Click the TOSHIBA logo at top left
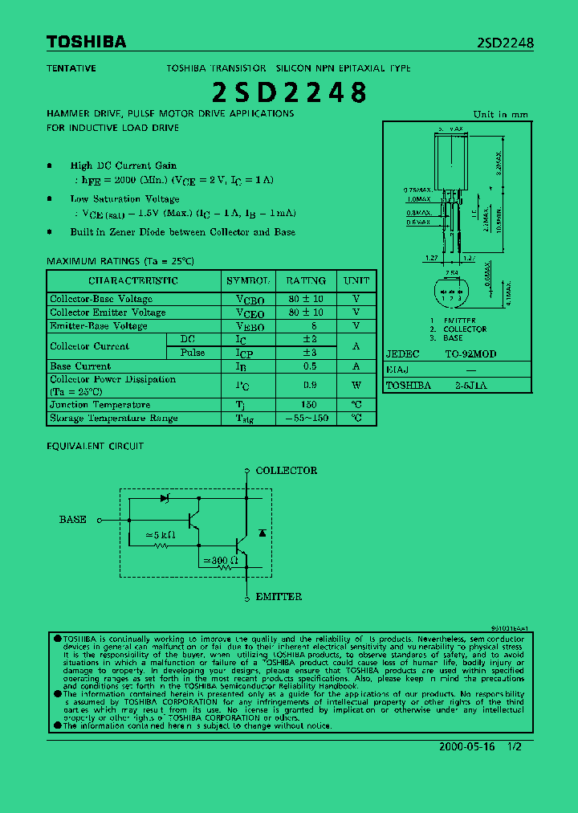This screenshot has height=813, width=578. point(86,42)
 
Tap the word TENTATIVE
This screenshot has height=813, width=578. point(71,68)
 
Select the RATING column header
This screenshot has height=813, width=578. point(306,280)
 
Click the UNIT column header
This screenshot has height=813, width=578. point(356,280)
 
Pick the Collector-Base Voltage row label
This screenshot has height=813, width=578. point(101,299)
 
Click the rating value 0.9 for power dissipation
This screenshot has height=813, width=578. point(309,385)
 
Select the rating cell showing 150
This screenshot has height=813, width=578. point(309,405)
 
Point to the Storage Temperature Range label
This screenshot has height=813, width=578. point(114,419)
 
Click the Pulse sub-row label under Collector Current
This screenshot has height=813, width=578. point(193,353)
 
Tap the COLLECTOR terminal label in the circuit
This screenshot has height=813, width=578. point(286,471)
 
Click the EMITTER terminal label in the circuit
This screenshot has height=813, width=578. point(279,597)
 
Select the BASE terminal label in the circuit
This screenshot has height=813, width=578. point(73,520)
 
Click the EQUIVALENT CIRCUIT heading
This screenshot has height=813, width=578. point(96,446)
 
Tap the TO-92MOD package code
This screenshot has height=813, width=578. point(470,354)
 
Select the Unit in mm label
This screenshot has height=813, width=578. point(501,115)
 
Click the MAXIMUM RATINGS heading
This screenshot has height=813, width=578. point(120,261)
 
